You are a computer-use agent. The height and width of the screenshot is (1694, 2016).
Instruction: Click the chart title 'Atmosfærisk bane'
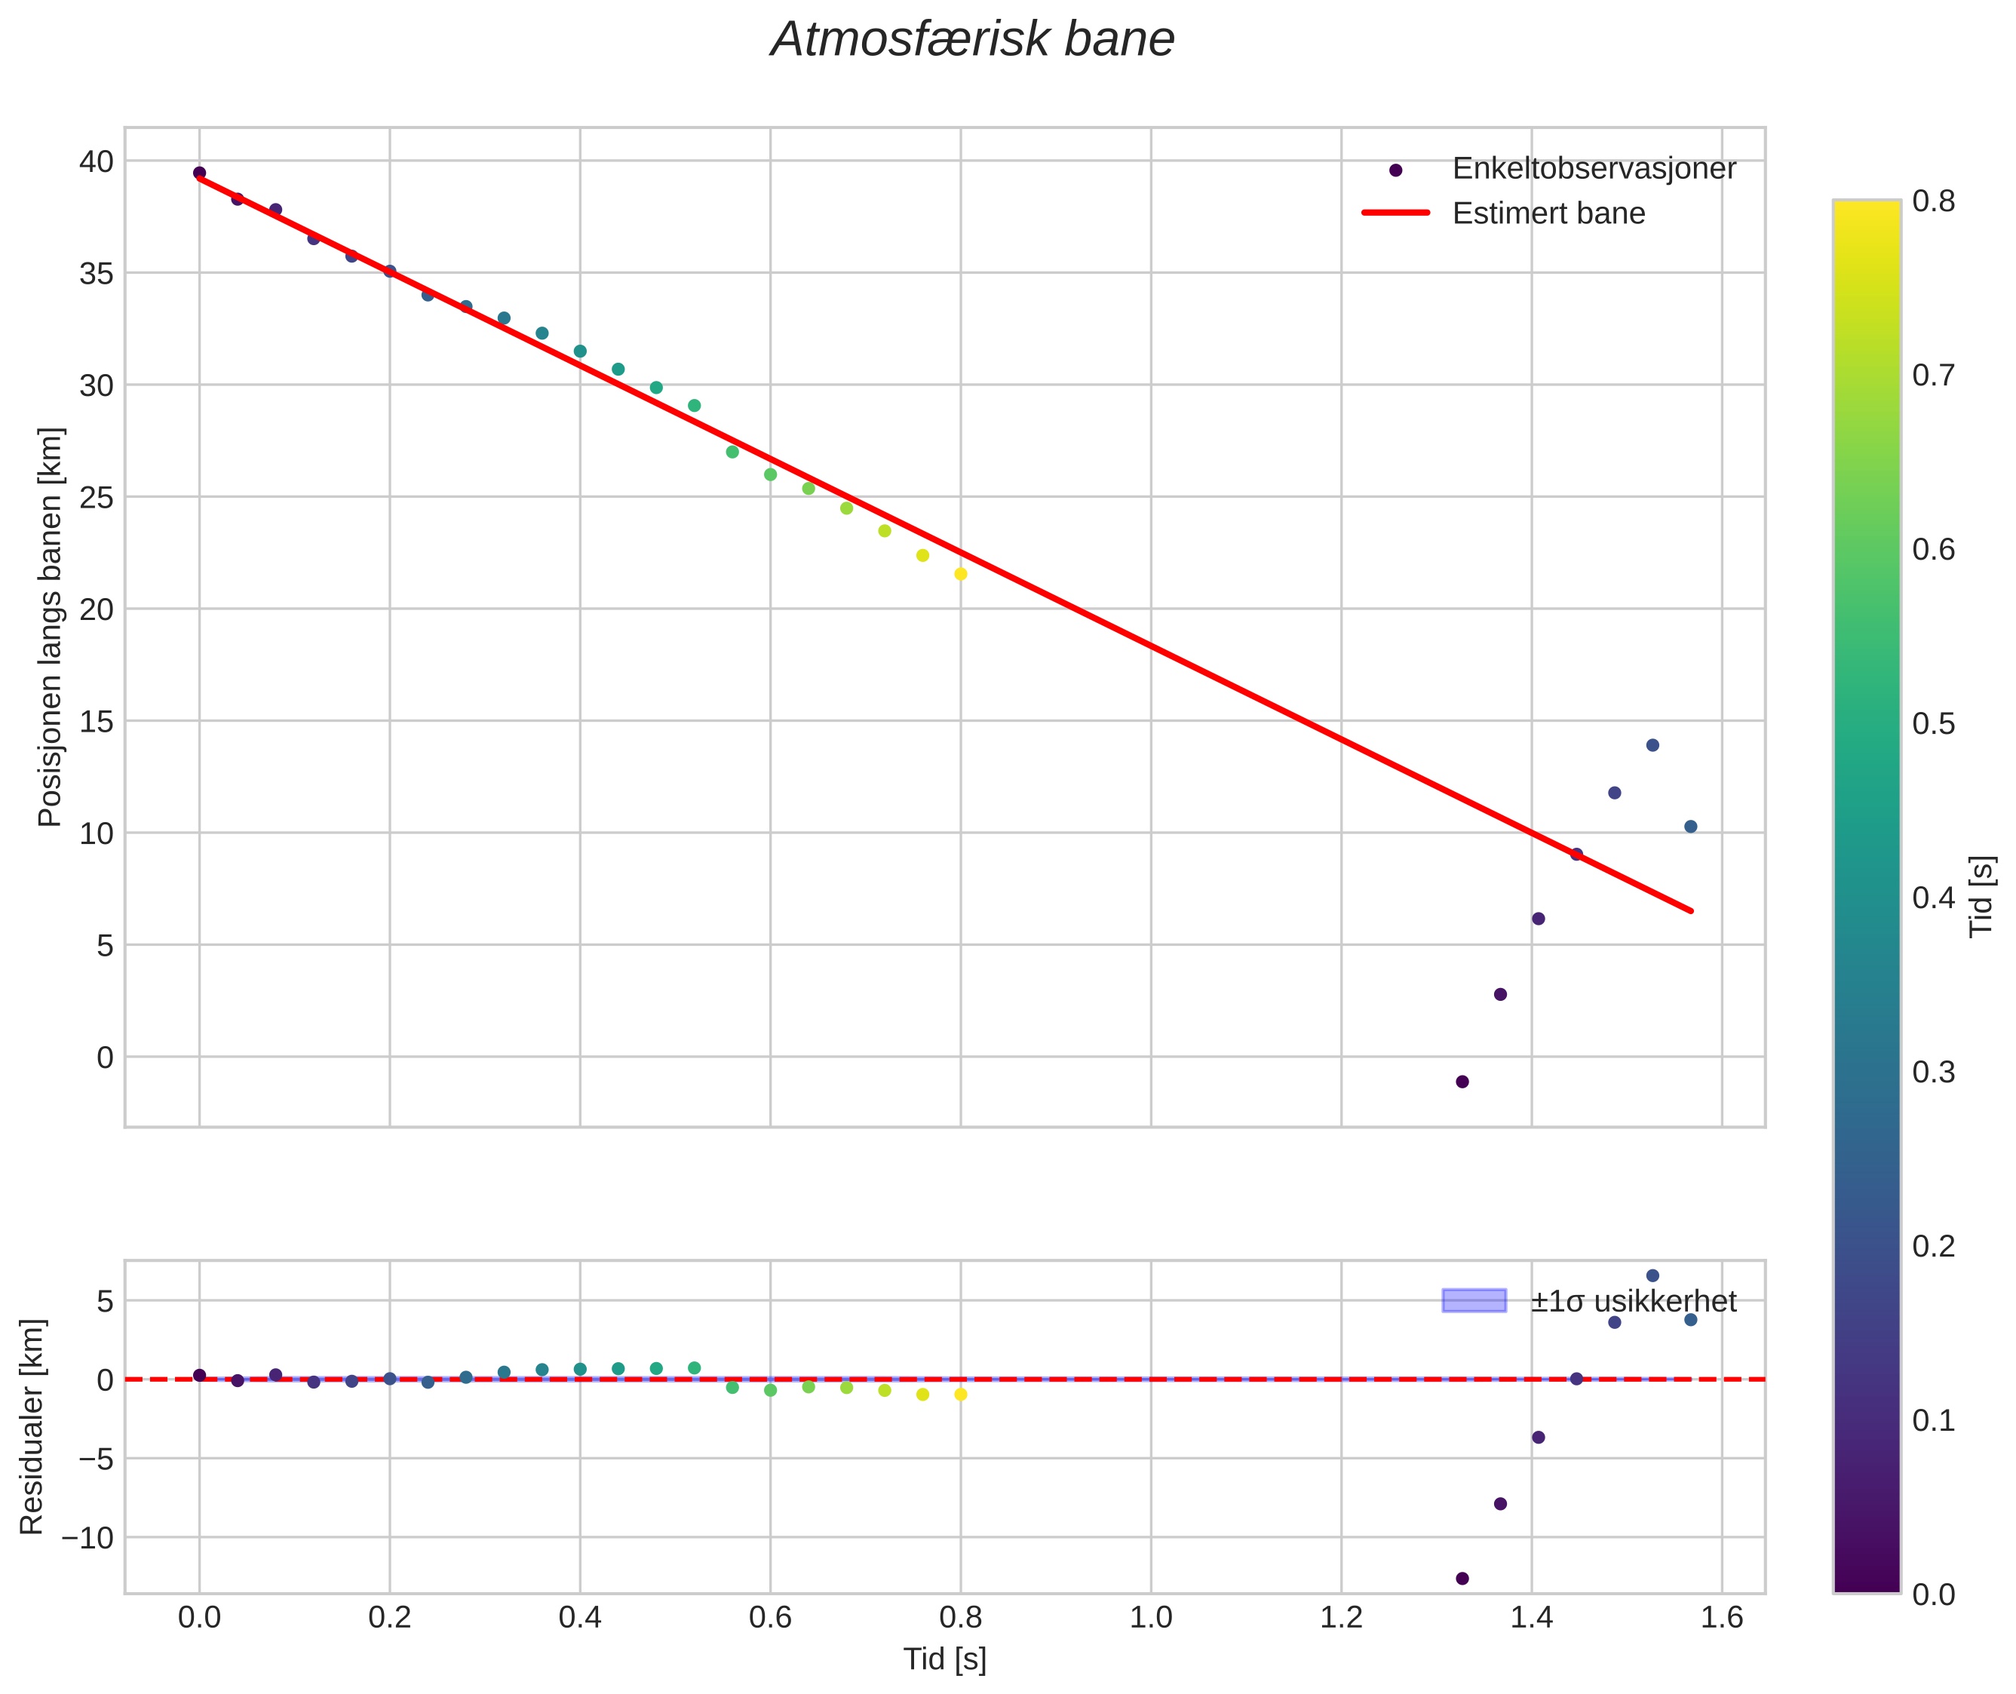972,40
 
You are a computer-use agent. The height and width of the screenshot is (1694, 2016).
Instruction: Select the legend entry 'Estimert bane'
1548,213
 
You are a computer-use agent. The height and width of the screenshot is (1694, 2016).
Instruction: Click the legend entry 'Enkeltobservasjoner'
1594,169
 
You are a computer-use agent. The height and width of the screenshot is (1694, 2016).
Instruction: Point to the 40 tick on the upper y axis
95,161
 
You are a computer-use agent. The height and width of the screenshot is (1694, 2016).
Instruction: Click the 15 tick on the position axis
95,721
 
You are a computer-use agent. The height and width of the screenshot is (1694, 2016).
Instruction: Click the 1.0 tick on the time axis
1151,1618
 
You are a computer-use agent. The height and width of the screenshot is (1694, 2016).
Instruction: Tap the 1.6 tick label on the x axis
1721,1618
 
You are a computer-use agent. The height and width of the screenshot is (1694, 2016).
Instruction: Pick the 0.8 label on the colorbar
1932,201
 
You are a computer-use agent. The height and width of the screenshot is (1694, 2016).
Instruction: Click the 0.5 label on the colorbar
1932,723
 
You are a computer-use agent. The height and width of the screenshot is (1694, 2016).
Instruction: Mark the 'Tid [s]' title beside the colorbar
1981,896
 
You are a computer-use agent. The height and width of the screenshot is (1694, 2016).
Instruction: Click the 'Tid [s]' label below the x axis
944,1659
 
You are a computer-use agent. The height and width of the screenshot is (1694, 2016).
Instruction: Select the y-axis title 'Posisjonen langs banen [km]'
50,627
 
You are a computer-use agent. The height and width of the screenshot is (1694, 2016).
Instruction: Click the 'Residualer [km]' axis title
32,1426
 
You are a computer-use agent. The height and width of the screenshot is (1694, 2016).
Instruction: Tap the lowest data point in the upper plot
1462,1082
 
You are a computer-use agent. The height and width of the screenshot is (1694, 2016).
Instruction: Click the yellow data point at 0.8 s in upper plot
960,574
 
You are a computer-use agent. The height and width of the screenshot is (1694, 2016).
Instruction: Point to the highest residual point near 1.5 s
1652,1275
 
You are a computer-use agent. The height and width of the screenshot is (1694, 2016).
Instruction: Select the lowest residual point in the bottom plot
1462,1578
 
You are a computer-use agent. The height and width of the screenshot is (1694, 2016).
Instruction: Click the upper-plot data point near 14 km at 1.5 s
1652,745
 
